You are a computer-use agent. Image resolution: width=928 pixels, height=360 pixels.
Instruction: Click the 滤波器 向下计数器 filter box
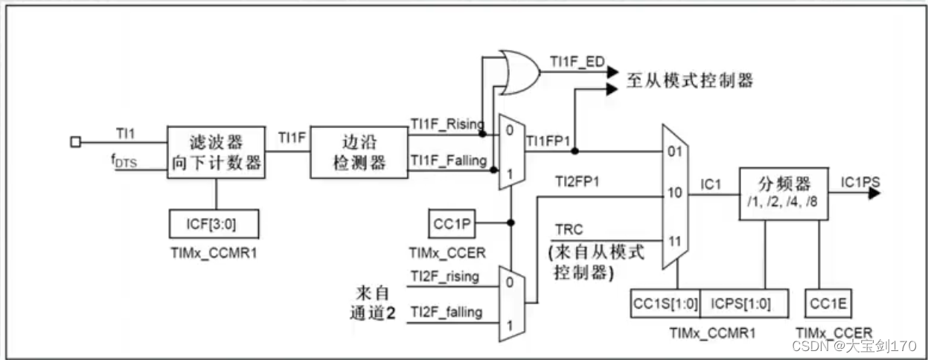click(x=215, y=152)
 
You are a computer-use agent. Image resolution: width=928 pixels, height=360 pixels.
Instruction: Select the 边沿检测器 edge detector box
click(x=358, y=152)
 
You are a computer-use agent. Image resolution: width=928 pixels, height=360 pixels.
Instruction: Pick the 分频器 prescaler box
click(x=783, y=193)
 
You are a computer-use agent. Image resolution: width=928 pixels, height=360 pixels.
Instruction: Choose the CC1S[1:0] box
click(x=665, y=303)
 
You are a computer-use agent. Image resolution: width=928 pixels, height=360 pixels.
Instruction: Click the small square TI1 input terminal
click(x=75, y=141)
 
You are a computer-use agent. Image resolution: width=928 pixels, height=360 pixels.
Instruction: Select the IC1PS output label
click(x=862, y=181)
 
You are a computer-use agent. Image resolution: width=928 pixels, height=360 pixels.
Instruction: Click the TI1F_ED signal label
click(x=576, y=60)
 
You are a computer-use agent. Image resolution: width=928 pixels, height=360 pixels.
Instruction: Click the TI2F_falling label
click(x=446, y=312)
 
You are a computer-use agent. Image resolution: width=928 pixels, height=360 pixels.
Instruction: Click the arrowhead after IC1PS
click(x=874, y=193)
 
